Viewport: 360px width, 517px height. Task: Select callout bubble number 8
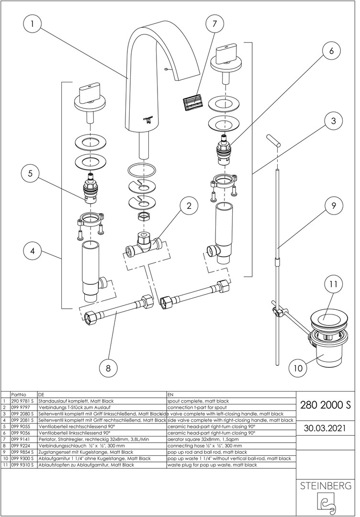click(108, 368)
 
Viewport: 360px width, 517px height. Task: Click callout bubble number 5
click(30, 174)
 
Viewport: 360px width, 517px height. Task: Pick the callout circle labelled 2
click(189, 206)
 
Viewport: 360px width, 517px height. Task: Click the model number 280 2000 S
click(325, 405)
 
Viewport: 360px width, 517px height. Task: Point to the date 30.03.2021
click(325, 427)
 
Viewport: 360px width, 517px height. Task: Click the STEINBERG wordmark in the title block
click(325, 486)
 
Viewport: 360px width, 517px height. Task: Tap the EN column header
click(171, 394)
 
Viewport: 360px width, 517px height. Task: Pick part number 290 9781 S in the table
click(22, 401)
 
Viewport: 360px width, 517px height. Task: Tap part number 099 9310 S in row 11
click(22, 464)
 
